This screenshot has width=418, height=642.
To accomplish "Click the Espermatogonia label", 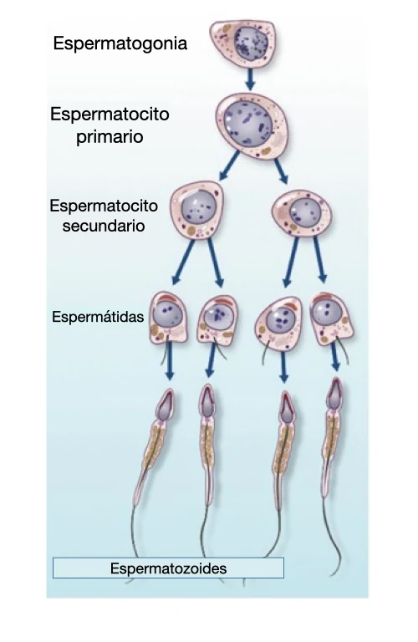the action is coord(120,43).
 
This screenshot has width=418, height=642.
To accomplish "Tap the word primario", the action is coord(110,137).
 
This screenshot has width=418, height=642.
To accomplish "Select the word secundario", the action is coord(104,226).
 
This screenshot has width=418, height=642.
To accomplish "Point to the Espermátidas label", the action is coord(98,317).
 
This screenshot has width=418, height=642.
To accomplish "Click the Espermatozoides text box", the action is coord(168,568).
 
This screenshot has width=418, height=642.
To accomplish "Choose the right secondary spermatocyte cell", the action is coord(301,213).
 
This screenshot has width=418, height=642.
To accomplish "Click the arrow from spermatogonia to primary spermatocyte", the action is coord(250,79).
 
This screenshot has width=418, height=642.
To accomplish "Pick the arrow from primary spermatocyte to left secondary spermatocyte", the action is coord(230,166).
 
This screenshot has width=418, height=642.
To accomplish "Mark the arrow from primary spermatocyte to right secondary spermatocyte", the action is coord(281,171).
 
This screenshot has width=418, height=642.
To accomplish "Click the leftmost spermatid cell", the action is coord(168,318).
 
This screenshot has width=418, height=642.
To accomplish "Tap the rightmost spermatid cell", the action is coord(331,318).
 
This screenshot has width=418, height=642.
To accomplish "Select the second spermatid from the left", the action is coord(217,320).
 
